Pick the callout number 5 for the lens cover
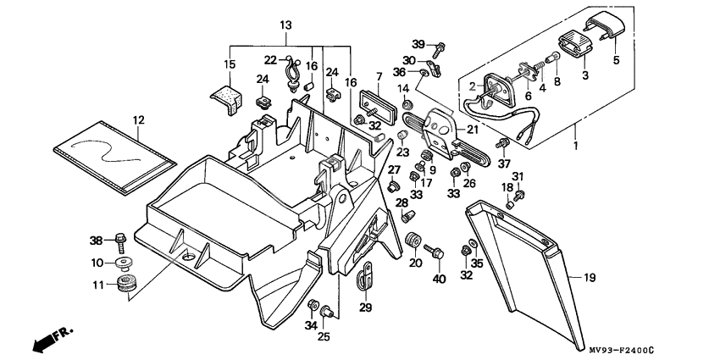pos(616,60)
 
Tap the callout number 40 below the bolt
pos(438,280)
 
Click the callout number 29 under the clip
pos(365,307)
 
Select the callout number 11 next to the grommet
pos(97,284)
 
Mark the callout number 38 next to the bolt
pos(97,240)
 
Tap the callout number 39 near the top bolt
pos(418,44)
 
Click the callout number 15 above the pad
pos(229,64)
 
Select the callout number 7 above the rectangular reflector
pos(380,77)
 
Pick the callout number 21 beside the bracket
pos(473,129)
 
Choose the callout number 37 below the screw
pos(504,163)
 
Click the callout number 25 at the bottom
pos(322,337)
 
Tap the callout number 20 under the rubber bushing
pos(415,263)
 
